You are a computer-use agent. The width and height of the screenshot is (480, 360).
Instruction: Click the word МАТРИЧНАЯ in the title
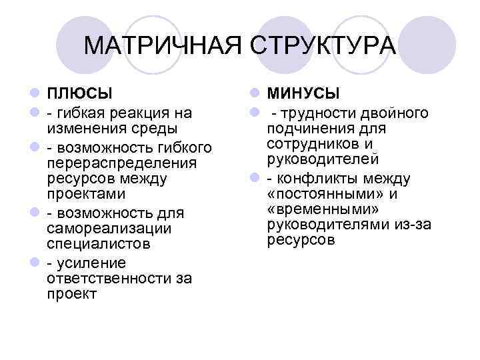164,47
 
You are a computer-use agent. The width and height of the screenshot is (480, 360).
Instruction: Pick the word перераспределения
122,163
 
